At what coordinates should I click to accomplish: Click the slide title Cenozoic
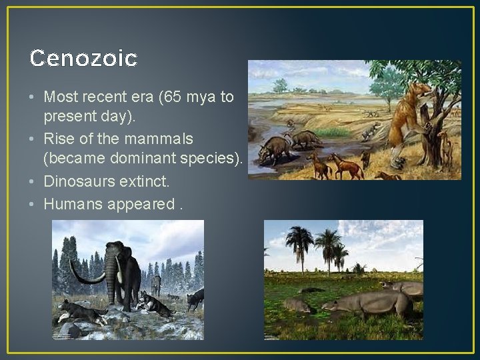click(83, 59)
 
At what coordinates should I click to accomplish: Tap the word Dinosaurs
click(77, 181)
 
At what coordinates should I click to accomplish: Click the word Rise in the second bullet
click(58, 139)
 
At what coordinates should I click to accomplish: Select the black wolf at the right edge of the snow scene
click(195, 299)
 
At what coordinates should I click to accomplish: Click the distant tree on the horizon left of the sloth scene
click(281, 85)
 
